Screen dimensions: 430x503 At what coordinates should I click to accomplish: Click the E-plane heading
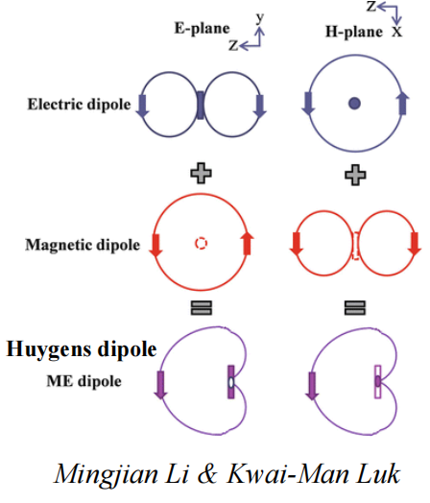click(x=202, y=29)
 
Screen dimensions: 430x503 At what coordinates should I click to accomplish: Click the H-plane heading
click(x=354, y=32)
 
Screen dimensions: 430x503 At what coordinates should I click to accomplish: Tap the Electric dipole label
click(x=80, y=105)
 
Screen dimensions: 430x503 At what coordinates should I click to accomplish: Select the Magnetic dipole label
click(x=83, y=245)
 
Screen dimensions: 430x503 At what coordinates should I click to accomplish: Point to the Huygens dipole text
click(x=82, y=349)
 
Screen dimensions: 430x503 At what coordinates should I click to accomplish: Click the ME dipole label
click(x=84, y=381)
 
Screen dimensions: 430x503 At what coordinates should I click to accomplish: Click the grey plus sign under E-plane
click(x=201, y=173)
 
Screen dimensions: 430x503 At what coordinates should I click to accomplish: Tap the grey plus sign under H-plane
click(x=355, y=175)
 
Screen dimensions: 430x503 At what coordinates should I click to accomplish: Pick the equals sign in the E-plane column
click(x=201, y=307)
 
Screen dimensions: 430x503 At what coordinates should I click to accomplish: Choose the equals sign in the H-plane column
click(x=355, y=307)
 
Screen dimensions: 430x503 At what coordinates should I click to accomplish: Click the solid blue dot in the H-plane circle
click(x=354, y=104)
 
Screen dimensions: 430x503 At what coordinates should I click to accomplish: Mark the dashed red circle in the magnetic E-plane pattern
click(x=201, y=243)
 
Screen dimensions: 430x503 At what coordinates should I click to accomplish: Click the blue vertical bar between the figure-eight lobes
click(x=201, y=106)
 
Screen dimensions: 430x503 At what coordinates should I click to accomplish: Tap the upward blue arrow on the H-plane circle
click(x=403, y=104)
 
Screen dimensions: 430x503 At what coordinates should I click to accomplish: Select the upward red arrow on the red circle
click(x=247, y=244)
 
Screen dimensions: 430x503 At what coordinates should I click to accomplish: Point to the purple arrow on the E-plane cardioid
click(x=160, y=385)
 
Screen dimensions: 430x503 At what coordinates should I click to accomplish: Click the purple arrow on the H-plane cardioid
click(x=312, y=386)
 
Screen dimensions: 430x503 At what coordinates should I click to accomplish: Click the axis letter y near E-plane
click(x=260, y=18)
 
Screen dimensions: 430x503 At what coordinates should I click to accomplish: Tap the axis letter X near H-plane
click(x=396, y=32)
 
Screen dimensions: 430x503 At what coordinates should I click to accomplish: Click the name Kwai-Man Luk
click(x=314, y=474)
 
